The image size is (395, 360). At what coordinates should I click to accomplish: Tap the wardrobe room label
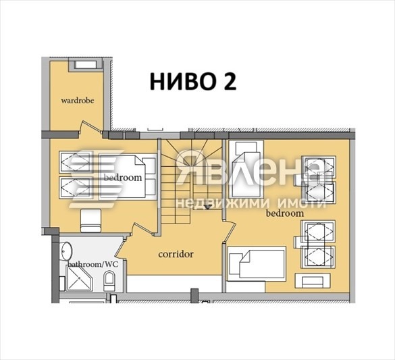77,101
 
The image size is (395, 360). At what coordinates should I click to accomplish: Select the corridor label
176,255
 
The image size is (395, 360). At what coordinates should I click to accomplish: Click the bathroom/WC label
92,263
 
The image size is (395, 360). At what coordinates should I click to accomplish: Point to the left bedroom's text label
123,178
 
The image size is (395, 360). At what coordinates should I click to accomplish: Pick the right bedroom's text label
284,213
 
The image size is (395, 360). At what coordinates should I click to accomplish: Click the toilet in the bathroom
109,282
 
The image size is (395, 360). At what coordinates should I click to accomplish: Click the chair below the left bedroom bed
90,219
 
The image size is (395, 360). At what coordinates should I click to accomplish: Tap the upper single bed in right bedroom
246,165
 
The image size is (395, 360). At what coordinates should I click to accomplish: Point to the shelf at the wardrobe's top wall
85,65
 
